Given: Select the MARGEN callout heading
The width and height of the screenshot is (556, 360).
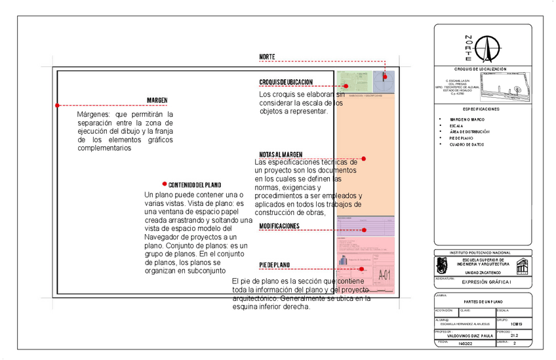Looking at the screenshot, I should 157,100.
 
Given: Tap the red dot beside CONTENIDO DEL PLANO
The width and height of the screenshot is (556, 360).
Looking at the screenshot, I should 164,185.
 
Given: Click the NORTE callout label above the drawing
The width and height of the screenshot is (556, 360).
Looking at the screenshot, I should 267,58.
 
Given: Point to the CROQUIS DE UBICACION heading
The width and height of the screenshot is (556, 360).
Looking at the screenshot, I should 286,82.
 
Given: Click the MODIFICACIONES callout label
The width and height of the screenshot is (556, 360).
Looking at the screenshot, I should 279,226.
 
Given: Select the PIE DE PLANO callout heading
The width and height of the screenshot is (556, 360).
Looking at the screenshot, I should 275,265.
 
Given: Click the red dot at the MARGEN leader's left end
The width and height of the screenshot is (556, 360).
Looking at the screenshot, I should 58,105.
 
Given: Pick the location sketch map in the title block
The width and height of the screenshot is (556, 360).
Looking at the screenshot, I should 505,85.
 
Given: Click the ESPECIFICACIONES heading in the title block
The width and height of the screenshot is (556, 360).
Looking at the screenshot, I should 481,109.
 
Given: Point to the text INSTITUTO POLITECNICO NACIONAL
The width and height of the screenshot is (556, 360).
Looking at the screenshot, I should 483,252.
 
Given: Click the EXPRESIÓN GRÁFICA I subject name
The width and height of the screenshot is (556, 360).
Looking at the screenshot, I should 486,282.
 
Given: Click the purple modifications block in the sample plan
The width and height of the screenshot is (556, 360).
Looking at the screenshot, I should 365,226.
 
